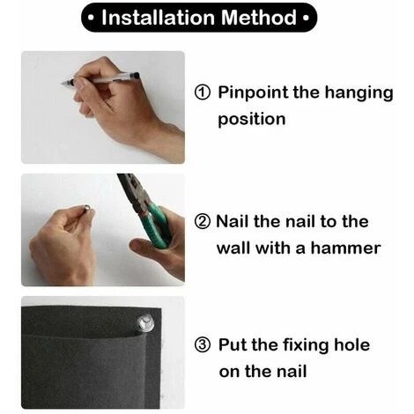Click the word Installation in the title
[x=159, y=18]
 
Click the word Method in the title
[x=259, y=18]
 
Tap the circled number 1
[x=203, y=92]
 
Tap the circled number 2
[x=203, y=222]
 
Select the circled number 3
[x=203, y=344]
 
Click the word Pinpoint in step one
[x=253, y=93]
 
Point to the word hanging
[x=359, y=93]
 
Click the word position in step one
[x=252, y=120]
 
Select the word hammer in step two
[x=345, y=248]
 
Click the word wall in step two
[x=234, y=248]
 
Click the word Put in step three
[x=233, y=344]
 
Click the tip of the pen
[x=62, y=85]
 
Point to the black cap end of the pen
[x=135, y=76]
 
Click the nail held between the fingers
[x=87, y=208]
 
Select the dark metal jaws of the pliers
[x=132, y=191]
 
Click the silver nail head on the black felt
[x=144, y=323]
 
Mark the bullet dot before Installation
[x=91, y=18]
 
